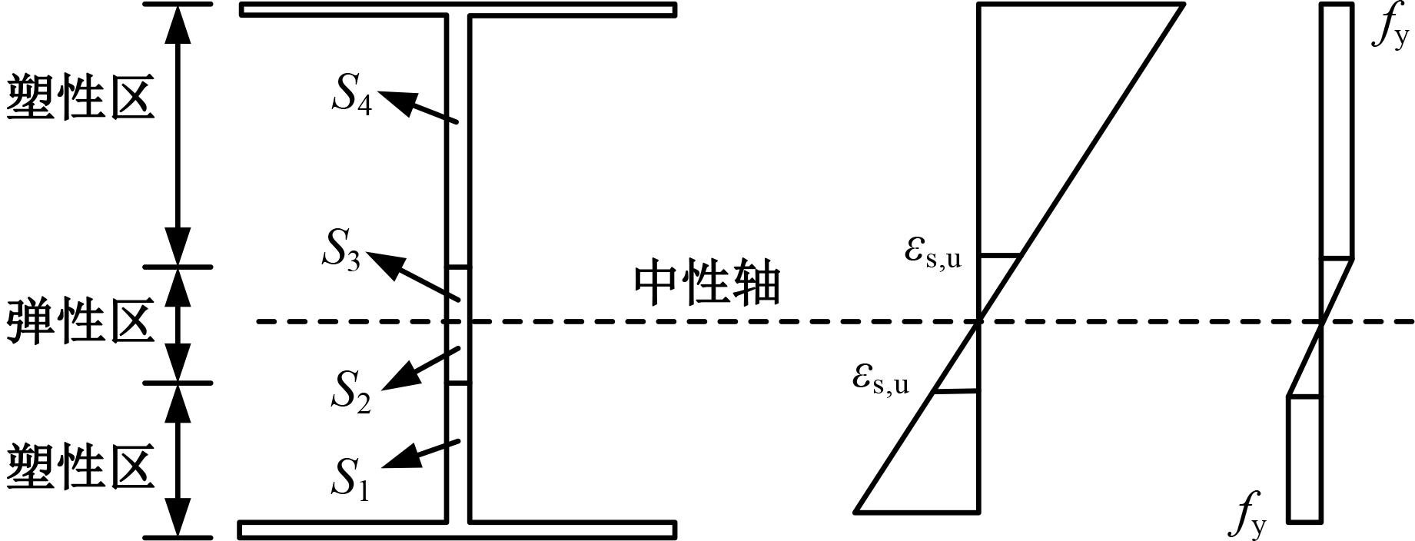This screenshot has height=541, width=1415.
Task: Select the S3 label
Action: [x=341, y=249]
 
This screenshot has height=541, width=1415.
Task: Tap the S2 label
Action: [x=351, y=391]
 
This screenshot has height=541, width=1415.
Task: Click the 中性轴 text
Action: [x=708, y=285]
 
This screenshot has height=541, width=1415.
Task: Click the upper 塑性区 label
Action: [x=81, y=98]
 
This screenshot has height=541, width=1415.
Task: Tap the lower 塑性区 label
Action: [x=81, y=467]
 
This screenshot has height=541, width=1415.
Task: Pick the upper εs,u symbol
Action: [x=933, y=254]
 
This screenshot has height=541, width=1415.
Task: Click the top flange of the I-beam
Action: [x=458, y=9]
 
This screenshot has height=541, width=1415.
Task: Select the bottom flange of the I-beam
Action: [x=458, y=530]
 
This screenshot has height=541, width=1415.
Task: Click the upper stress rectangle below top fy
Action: [x=1337, y=131]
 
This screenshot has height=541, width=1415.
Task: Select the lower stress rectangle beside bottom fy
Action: [x=1304, y=459]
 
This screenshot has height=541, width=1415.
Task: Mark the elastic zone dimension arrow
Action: [x=178, y=325]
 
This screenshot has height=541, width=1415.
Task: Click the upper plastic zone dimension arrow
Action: [x=178, y=135]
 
